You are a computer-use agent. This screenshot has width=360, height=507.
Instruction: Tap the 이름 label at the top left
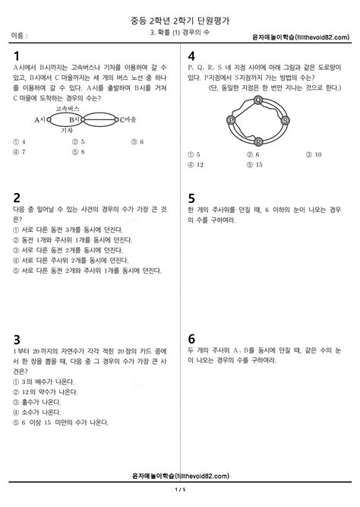[20, 36]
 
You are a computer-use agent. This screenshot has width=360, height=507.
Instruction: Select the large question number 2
[16, 197]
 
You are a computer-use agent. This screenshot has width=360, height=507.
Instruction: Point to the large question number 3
[16, 338]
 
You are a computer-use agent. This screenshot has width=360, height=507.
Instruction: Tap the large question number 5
[191, 197]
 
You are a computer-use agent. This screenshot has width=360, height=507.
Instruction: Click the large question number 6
[191, 338]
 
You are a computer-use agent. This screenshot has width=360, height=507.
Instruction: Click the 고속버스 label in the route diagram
[68, 109]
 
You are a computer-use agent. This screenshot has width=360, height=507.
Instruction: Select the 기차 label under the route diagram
[66, 130]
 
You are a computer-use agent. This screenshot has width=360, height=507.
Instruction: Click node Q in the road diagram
[258, 100]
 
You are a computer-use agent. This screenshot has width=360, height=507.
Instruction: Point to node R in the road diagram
[258, 141]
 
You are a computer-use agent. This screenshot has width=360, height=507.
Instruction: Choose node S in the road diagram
[285, 120]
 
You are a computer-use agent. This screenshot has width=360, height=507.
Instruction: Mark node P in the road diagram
[232, 120]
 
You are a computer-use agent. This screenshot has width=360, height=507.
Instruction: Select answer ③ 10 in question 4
[313, 154]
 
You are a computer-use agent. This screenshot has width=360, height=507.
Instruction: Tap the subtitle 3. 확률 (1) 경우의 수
[180, 35]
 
